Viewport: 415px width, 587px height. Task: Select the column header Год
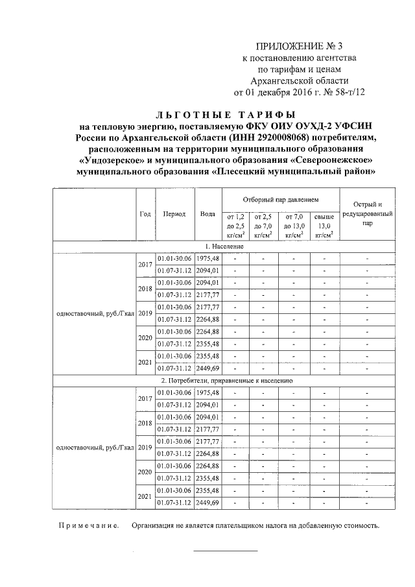145,213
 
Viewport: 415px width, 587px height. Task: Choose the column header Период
174,213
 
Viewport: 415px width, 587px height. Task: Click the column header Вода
208,213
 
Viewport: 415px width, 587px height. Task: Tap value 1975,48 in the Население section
208,259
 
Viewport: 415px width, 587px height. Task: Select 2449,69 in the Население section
208,368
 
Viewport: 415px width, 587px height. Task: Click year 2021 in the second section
145,496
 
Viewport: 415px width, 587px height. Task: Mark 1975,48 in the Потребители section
208,393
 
